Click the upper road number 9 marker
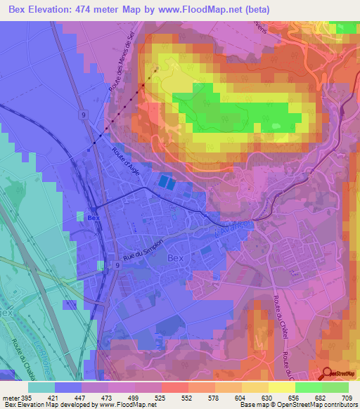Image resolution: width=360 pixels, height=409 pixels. (83, 113)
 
